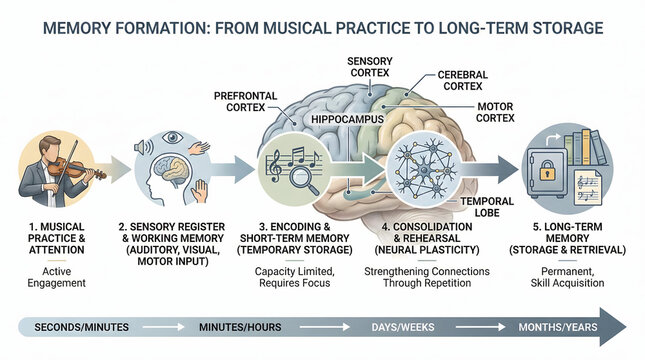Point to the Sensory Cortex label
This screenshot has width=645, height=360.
[370, 67]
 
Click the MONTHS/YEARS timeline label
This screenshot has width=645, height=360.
[558, 327]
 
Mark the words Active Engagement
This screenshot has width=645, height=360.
[59, 277]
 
